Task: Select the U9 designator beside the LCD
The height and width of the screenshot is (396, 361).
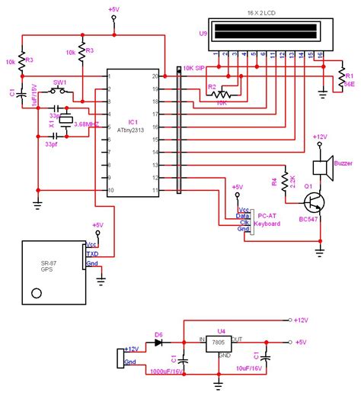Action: (x=203, y=34)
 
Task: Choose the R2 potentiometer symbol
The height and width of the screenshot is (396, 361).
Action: (x=221, y=96)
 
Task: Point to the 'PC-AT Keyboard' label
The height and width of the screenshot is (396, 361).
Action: (x=267, y=221)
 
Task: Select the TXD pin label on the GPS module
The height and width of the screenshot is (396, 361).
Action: (x=92, y=254)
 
